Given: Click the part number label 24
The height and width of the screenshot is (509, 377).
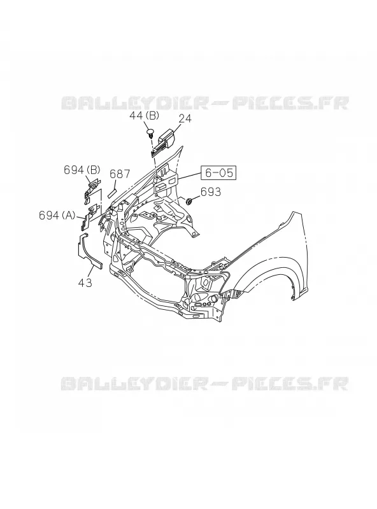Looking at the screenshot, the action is (185, 118).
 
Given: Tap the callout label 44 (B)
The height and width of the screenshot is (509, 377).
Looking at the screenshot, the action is (145, 115).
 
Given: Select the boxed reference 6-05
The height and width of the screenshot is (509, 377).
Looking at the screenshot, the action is (218, 172).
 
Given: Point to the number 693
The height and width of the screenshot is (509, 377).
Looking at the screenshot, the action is (211, 192).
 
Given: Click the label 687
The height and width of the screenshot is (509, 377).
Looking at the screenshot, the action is (120, 174).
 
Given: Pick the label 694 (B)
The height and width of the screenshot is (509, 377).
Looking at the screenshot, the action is (82, 170).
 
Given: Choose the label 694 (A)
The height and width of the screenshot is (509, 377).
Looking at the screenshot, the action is (57, 215).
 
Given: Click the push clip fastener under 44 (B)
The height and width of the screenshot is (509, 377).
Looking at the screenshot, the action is (150, 133).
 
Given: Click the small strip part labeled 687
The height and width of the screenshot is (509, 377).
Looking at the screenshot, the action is (112, 192).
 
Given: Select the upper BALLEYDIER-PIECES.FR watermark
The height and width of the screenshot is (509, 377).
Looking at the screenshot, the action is (205, 103).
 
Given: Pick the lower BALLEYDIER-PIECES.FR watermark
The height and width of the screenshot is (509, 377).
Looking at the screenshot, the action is (205, 384).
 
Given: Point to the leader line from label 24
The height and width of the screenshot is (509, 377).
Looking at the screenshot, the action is (176, 129).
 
